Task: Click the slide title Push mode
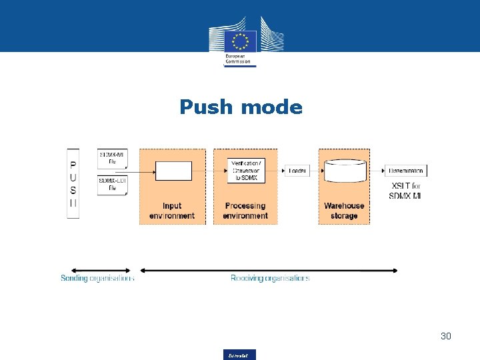click(241, 107)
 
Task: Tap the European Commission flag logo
click(241, 41)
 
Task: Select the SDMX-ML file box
click(111, 159)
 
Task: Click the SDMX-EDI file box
click(111, 185)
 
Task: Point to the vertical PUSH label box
click(73, 183)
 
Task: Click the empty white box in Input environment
click(173, 171)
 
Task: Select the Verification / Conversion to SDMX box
click(245, 171)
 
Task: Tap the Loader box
click(297, 171)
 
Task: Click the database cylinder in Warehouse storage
click(345, 171)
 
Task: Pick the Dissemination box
click(405, 171)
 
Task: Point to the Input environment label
click(172, 211)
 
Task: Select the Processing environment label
click(245, 211)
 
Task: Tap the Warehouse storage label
click(344, 211)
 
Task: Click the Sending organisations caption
click(97, 278)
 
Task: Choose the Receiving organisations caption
click(270, 278)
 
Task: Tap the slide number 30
click(445, 336)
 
